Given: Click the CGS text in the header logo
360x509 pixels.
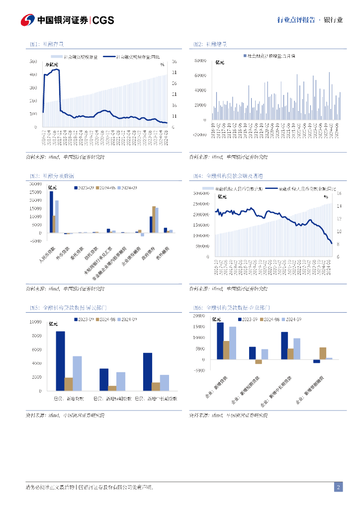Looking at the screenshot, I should click(103, 20).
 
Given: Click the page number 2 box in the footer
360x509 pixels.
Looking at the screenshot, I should click(338, 487).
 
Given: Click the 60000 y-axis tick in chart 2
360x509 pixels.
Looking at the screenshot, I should click(200, 76).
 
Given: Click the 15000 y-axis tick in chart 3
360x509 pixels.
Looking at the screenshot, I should click(35, 208).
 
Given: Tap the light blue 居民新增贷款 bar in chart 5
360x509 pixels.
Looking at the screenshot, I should click(77, 373).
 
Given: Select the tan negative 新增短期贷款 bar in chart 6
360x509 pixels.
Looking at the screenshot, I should click(259, 362).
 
